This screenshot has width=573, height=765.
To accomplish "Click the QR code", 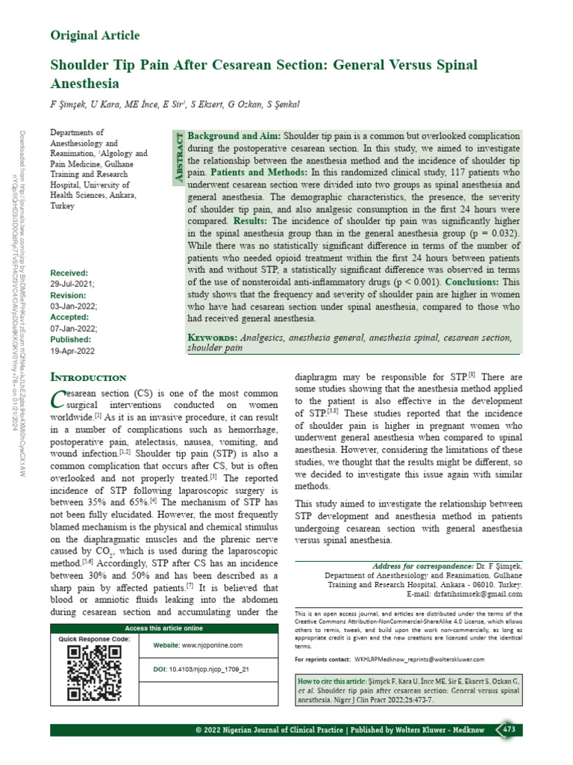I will [94, 672].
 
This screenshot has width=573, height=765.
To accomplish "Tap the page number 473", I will [509, 729].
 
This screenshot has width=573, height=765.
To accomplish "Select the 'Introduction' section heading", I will [87, 377].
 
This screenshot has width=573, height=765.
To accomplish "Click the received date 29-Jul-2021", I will [72, 285].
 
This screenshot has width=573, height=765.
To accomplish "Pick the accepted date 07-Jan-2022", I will [72, 327].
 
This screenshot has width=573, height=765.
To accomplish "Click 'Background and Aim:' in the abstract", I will [233, 137].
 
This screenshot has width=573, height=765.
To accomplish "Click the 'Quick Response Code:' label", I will [94, 639].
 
